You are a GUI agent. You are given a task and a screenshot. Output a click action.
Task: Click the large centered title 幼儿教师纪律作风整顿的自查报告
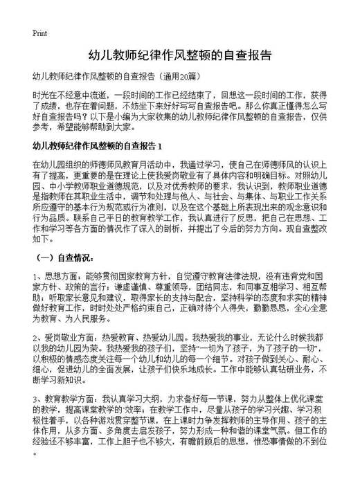(x=180, y=55)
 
